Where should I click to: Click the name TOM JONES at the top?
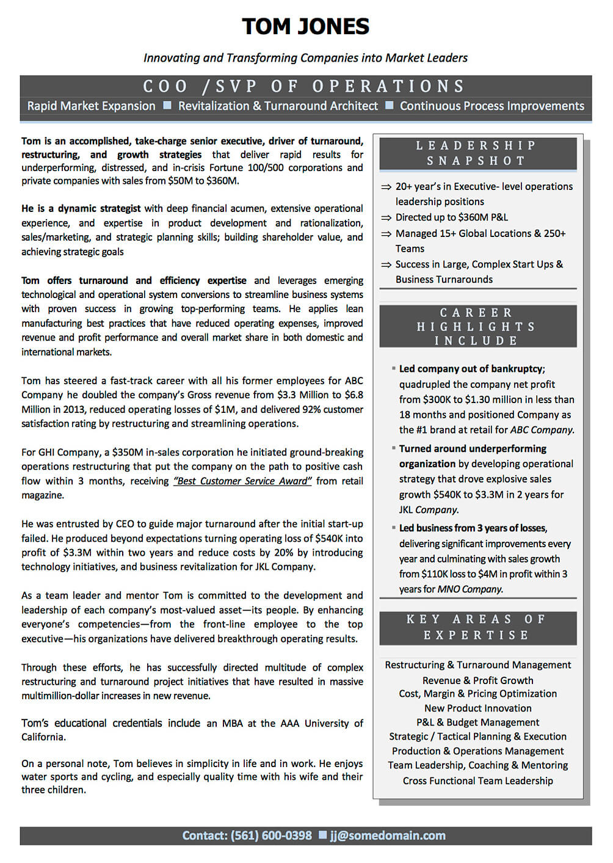click(x=305, y=27)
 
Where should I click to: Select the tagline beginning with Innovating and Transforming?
click(x=305, y=58)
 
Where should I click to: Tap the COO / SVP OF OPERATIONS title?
click(x=305, y=86)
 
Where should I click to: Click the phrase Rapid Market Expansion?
click(x=91, y=106)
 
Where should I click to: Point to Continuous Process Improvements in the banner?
click(x=491, y=106)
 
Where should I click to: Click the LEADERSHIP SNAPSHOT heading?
click(x=477, y=153)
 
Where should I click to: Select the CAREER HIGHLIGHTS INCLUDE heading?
click(x=477, y=327)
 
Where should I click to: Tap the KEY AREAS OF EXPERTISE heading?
click(x=477, y=627)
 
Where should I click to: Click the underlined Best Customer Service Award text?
click(x=242, y=481)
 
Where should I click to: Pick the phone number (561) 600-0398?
click(x=270, y=836)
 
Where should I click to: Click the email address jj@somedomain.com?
click(x=388, y=836)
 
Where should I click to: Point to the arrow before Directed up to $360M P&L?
click(x=386, y=218)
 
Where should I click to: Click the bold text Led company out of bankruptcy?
click(x=471, y=369)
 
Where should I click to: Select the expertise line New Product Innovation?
click(x=477, y=708)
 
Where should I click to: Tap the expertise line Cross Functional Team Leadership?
click(x=477, y=781)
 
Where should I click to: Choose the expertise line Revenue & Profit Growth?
click(x=477, y=680)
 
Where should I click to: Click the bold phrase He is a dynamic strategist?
click(x=81, y=209)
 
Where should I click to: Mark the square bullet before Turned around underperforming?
click(x=394, y=448)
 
